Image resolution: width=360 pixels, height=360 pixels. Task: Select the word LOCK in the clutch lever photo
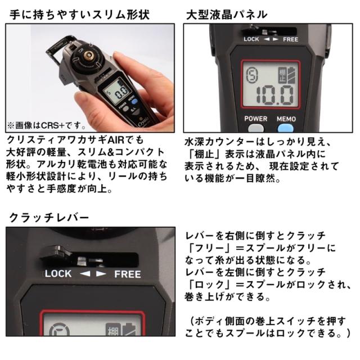[58, 274]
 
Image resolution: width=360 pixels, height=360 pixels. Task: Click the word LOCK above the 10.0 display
[251, 39]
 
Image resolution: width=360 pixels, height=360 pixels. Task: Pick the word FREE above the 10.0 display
[290, 39]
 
